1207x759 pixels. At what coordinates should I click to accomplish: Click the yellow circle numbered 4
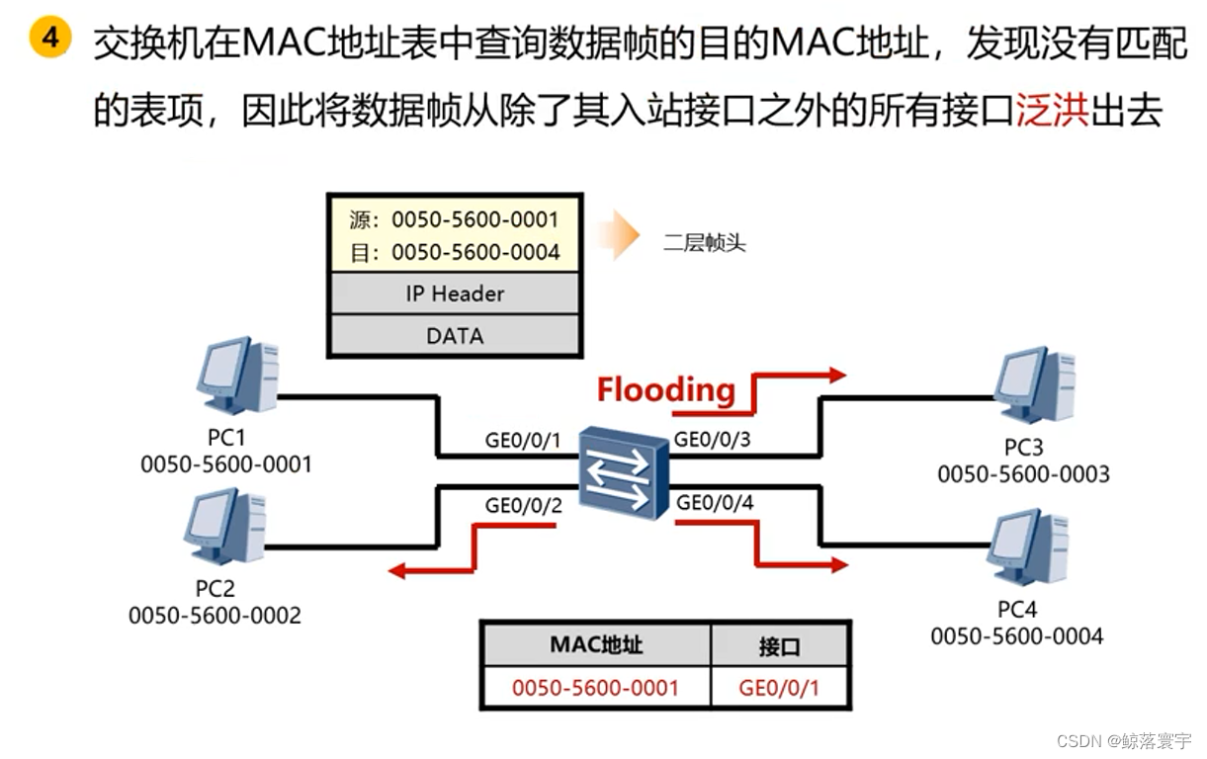(x=49, y=39)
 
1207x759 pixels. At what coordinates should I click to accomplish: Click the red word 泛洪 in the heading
(x=1052, y=112)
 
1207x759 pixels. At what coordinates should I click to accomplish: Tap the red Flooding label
(x=665, y=389)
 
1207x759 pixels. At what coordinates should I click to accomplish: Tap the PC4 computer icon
(x=1028, y=546)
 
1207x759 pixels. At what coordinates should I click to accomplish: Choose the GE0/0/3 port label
(x=712, y=439)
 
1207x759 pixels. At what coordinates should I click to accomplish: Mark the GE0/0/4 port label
(x=715, y=503)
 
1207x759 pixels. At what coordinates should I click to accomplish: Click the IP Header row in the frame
(x=454, y=294)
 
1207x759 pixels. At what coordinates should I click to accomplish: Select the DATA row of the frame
(x=454, y=336)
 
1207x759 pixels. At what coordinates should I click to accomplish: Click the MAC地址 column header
(x=595, y=645)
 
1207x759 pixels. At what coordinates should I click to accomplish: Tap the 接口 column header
(x=779, y=646)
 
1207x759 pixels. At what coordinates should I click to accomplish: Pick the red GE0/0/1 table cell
(x=779, y=687)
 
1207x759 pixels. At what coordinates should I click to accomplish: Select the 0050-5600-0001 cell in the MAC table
(x=595, y=687)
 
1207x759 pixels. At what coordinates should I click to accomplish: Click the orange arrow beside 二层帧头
(x=619, y=236)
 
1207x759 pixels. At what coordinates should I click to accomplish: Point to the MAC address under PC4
(x=1016, y=636)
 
